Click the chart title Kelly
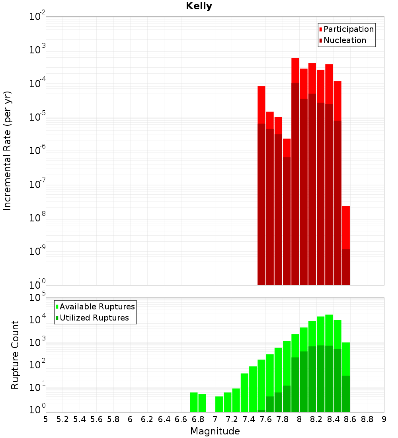tap(199, 6)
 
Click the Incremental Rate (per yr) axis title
tap(8, 151)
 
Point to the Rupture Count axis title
tap(15, 355)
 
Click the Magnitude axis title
tap(215, 431)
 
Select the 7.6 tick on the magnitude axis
tap(265, 419)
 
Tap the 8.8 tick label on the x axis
tap(367, 419)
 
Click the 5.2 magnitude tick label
tap(62, 419)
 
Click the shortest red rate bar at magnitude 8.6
tap(346, 227)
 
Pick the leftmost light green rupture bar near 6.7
tap(194, 402)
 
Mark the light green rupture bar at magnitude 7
tap(219, 404)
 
